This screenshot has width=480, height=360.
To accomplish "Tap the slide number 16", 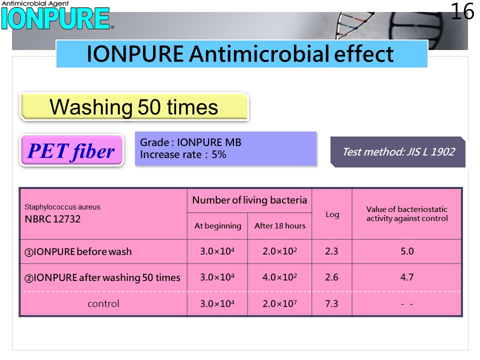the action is pos(462,11).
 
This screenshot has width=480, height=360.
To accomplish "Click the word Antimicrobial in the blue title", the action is pos(259,54).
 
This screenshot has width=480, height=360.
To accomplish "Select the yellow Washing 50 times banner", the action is pos(134,107).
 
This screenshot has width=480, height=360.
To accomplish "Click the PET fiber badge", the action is pos(71,150).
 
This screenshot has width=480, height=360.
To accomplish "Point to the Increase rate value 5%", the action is pos(219,154).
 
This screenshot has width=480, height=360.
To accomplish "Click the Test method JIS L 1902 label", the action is pos(398,152).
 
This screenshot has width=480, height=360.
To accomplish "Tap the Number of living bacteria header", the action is pos(249,200).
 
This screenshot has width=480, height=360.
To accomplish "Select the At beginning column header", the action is pos(217,226).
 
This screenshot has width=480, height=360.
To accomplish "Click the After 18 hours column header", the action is pos(280,226).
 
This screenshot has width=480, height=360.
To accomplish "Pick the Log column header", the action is pos(332,214).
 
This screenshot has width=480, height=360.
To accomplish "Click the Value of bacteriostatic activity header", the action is pos(407,213).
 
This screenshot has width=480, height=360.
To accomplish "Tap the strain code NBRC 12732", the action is pos(52,219).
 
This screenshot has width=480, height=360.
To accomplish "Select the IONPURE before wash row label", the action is pos(78,251).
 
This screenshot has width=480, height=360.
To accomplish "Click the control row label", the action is pos(103,303).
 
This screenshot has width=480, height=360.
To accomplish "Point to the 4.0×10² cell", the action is pos(279,277).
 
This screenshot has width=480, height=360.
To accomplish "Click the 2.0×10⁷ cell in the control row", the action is pos(279,303).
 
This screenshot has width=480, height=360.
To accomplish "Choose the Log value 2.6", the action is pos(331,277).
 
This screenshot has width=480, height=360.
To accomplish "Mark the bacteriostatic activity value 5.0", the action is pos(407,251).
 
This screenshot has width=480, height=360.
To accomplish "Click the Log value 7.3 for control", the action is pos(331,303).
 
